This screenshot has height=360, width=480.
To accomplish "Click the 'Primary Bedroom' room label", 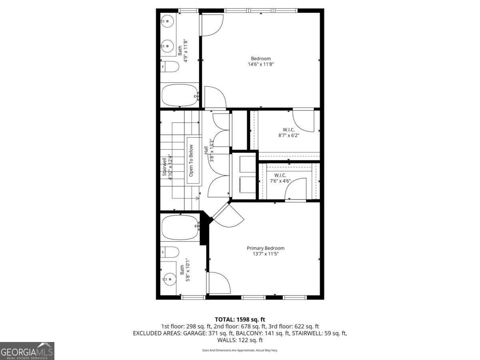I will (265, 248).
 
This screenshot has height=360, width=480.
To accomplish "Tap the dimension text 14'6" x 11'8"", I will (261, 64).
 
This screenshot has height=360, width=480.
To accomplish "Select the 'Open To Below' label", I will (191, 160).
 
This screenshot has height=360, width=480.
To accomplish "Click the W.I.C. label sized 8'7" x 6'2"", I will (289, 129).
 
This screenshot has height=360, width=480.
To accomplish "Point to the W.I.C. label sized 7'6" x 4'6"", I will (282, 175).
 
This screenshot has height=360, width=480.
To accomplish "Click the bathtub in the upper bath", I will (180, 95).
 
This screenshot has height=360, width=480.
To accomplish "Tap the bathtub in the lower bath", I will (180, 227).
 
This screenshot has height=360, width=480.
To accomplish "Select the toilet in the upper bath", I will (170, 67).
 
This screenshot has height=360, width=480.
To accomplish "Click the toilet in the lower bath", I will (170, 252).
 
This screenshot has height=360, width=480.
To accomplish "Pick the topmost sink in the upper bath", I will (168, 19).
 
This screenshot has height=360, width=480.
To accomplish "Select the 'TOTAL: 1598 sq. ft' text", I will (240, 319).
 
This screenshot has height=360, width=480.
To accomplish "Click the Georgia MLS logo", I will (27, 351).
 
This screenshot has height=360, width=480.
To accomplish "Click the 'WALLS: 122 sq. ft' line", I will (240, 340).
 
